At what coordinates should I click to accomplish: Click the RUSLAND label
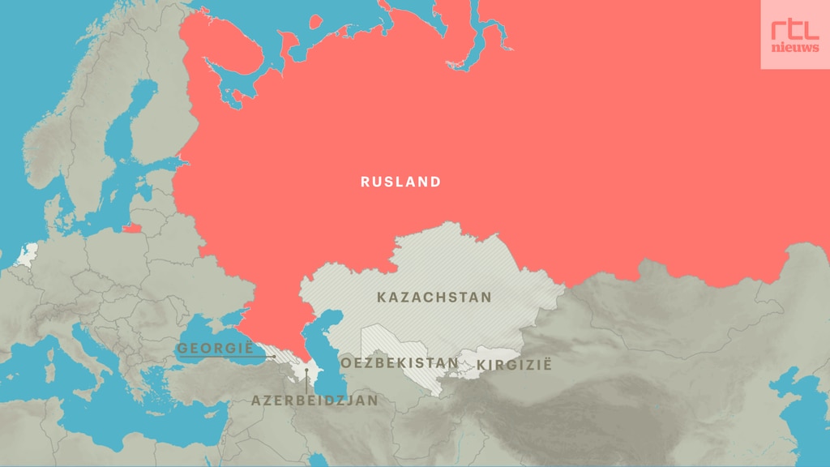400,182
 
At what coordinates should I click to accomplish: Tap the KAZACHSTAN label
434,298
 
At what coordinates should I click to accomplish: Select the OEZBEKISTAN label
399,362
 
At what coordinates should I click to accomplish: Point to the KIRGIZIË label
514,365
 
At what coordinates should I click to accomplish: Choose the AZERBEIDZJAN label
314,401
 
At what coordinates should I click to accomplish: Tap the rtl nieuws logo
794,34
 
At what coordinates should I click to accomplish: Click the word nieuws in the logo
794,48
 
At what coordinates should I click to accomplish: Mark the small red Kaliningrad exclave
131,228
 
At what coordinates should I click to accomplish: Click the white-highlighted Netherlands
28,254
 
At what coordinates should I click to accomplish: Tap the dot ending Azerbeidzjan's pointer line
306,371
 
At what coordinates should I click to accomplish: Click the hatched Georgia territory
280,357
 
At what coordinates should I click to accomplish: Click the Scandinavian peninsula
89,122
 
